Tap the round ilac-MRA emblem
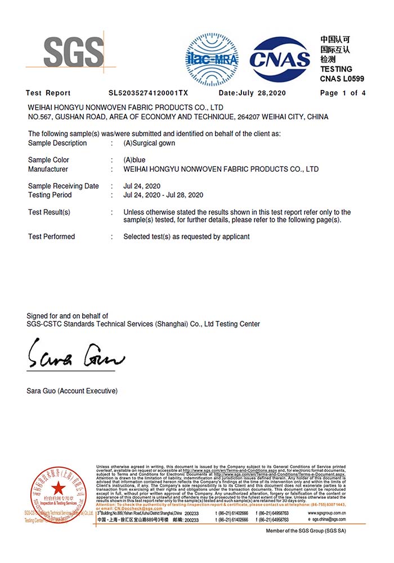pyautogui.click(x=212, y=59)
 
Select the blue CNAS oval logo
pyautogui.click(x=280, y=59)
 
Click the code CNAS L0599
pyautogui.click(x=342, y=78)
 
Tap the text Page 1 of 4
pyautogui.click(x=343, y=93)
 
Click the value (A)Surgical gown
pyautogui.click(x=149, y=143)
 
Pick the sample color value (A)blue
pyautogui.click(x=135, y=160)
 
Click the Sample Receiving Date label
pyautogui.click(x=63, y=186)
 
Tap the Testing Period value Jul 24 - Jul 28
pyautogui.click(x=163, y=195)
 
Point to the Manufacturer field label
pyautogui.click(x=48, y=169)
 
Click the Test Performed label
pyautogui.click(x=51, y=236)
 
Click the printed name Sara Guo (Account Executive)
pyautogui.click(x=72, y=391)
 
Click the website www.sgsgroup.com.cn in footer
pyautogui.click(x=327, y=513)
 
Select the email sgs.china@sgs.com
pyautogui.click(x=329, y=520)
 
